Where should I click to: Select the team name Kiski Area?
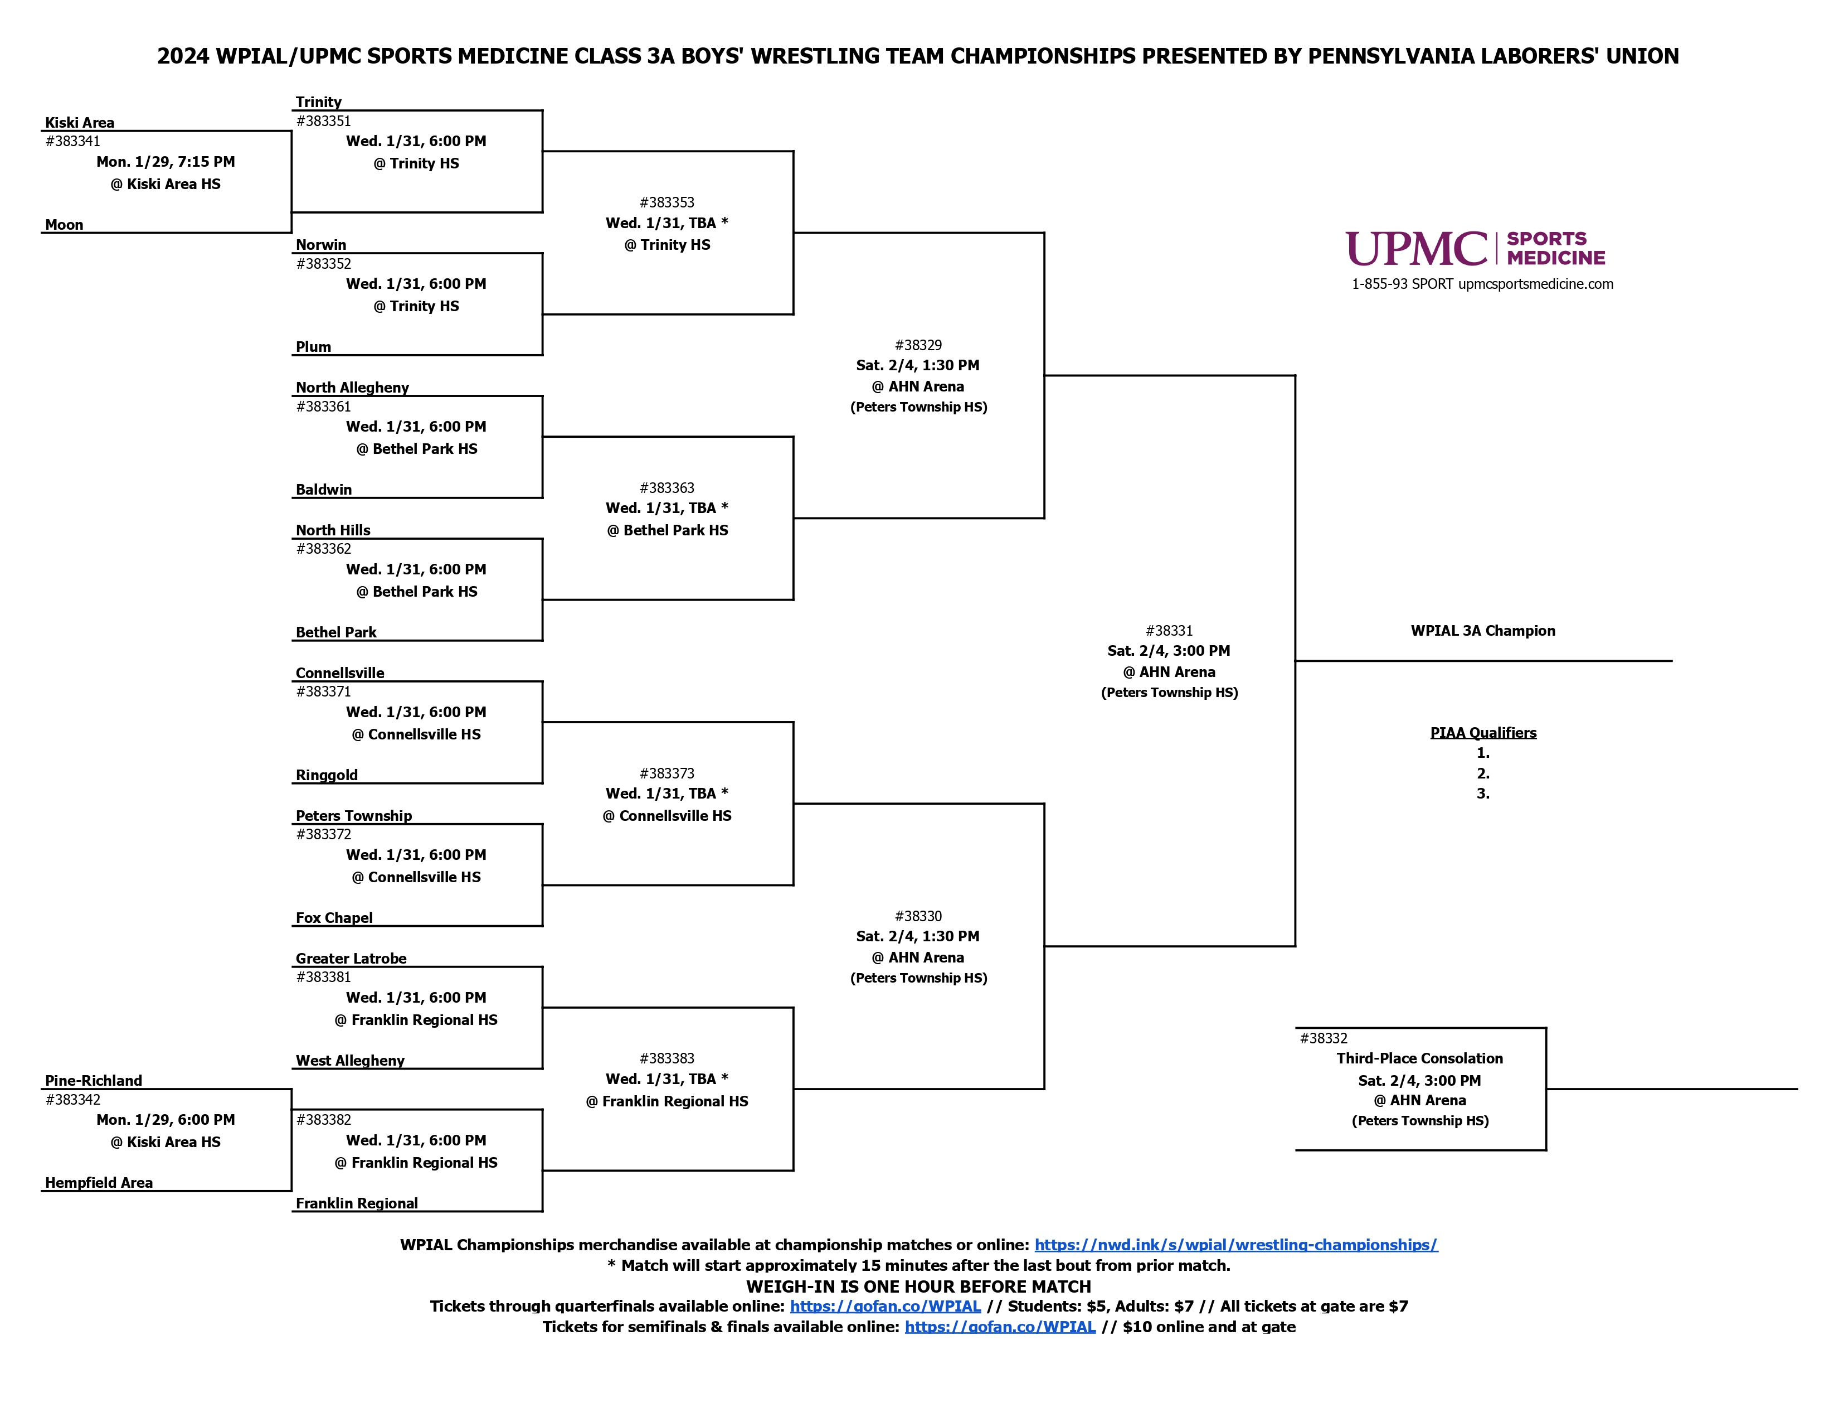pyautogui.click(x=80, y=122)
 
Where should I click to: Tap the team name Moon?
pyautogui.click(x=64, y=224)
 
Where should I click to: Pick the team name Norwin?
pyautogui.click(x=321, y=244)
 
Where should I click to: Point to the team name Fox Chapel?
pyautogui.click(x=334, y=917)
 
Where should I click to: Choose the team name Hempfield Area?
pyautogui.click(x=99, y=1182)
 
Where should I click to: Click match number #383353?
pyautogui.click(x=667, y=202)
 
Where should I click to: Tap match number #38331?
pyautogui.click(x=1170, y=630)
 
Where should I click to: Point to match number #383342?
pyautogui.click(x=73, y=1099)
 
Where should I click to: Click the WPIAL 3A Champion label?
pyautogui.click(x=1483, y=630)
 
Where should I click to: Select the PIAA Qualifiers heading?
pyautogui.click(x=1483, y=732)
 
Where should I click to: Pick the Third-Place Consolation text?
pyautogui.click(x=1420, y=1058)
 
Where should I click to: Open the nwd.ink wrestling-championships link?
pyautogui.click(x=1236, y=1244)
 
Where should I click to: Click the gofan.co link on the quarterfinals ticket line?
pyautogui.click(x=885, y=1306)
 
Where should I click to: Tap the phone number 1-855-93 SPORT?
pyautogui.click(x=1402, y=284)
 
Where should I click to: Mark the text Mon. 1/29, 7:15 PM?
pyautogui.click(x=166, y=162)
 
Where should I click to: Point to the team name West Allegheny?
pyautogui.click(x=351, y=1060)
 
